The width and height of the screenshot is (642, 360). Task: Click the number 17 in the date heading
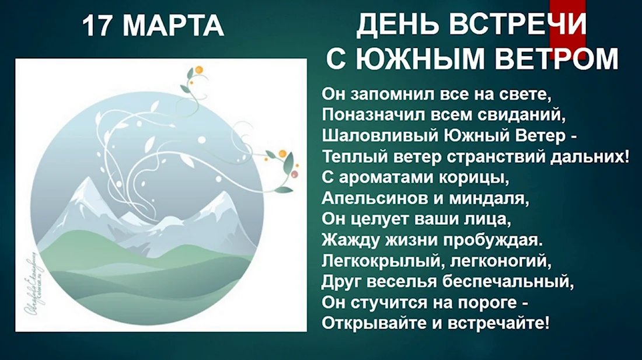pos(97,26)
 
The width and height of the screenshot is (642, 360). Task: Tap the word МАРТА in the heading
pos(173,26)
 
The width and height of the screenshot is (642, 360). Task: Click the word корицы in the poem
pos(473,178)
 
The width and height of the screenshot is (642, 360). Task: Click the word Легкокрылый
pos(380,261)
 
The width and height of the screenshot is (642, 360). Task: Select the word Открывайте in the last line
pos(374,324)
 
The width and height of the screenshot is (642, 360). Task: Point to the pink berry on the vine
pos(294,174)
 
